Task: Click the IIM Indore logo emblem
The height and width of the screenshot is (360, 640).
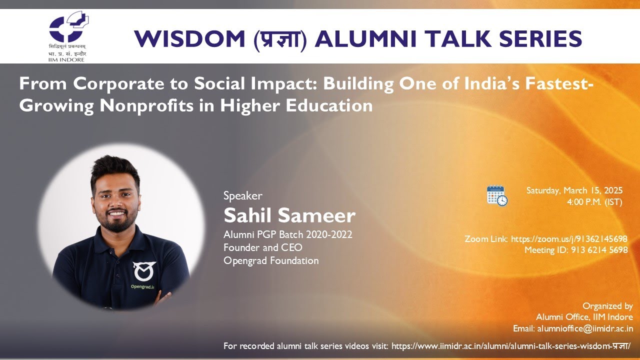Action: coord(68,29)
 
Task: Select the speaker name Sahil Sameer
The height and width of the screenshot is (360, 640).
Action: coord(289,215)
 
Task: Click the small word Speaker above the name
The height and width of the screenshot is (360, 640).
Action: coord(242,196)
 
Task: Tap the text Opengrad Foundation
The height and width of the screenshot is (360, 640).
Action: coord(271,260)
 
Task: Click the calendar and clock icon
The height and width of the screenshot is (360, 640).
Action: coord(497,195)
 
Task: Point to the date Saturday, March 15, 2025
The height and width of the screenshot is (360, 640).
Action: coord(574,190)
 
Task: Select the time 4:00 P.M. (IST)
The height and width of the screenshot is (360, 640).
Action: coord(594,202)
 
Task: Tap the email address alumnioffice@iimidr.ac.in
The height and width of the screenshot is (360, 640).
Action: coord(585,329)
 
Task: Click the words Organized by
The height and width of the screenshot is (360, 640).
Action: coord(607,306)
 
